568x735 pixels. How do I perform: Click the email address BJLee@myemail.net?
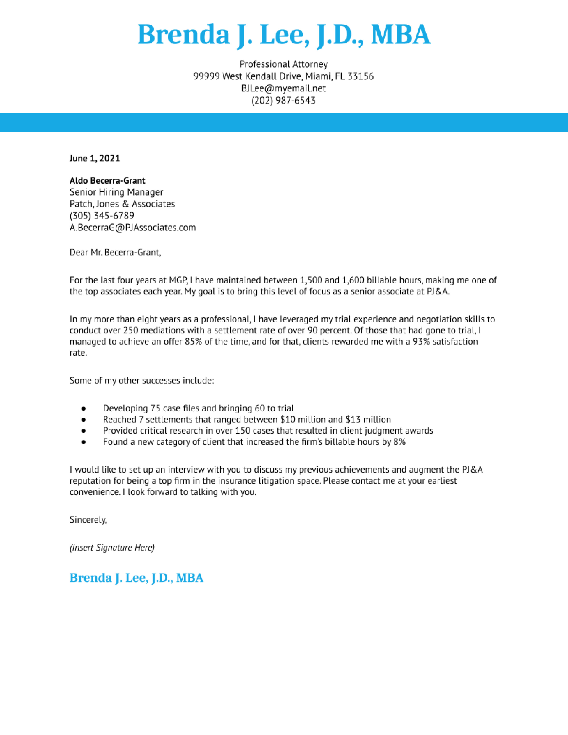[x=283, y=88]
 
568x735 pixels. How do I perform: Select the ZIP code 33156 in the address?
[x=360, y=76]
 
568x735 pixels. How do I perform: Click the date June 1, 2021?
[x=94, y=159]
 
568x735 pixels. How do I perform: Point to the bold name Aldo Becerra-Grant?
[x=107, y=181]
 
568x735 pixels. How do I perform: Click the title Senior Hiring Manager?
[x=116, y=192]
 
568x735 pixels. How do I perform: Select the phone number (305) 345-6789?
[x=102, y=216]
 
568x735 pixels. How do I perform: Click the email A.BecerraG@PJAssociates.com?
[x=133, y=227]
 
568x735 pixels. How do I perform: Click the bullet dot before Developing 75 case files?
[x=84, y=408]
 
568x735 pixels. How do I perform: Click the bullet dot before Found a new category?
[x=84, y=442]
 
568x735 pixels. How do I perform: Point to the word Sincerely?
[x=88, y=520]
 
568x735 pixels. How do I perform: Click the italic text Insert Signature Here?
[x=112, y=547]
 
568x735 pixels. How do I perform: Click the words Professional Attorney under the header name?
[x=283, y=64]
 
